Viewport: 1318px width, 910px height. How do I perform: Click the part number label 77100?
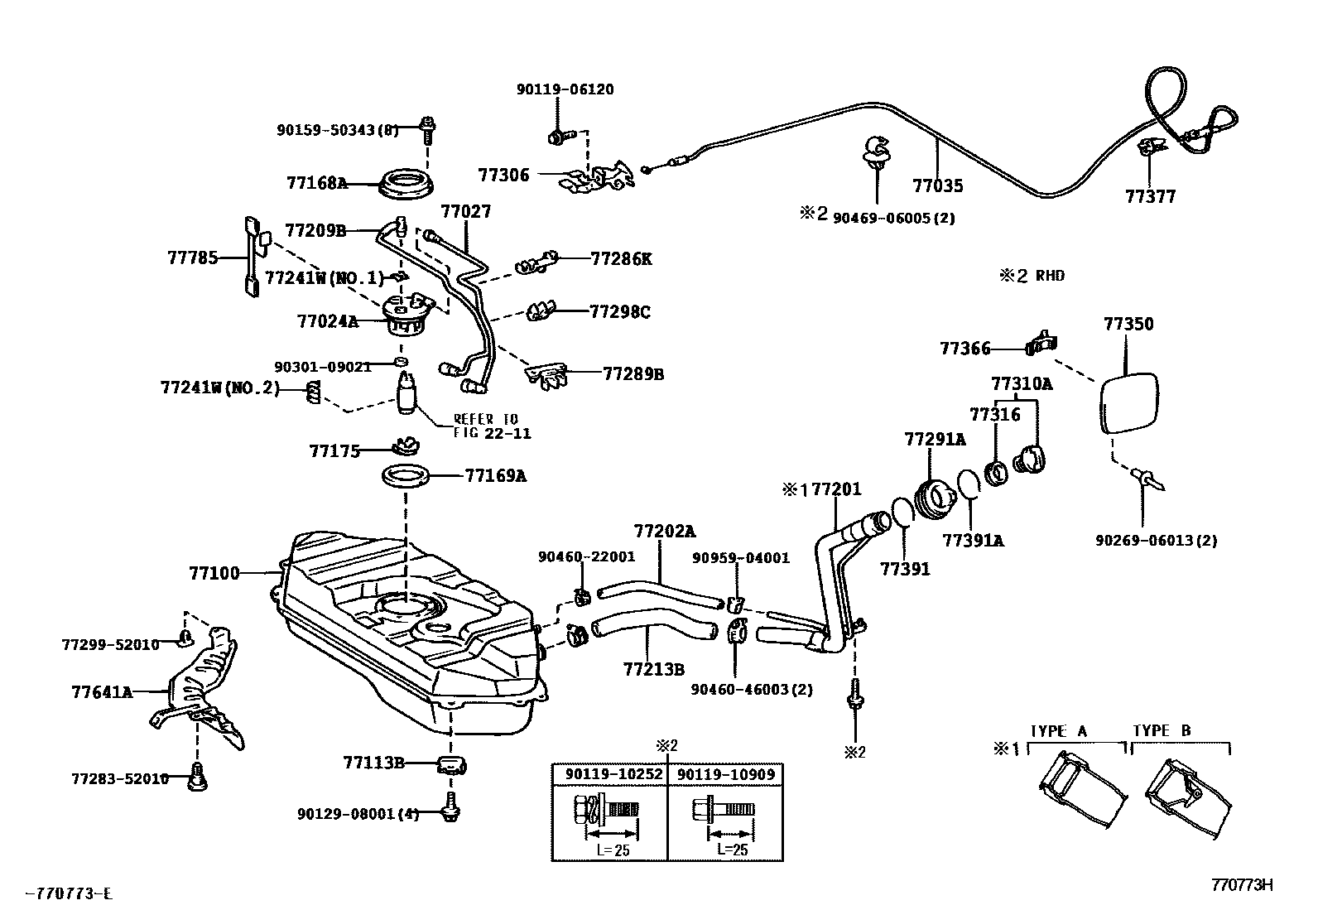tap(214, 572)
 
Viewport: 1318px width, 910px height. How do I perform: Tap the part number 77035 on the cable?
tap(937, 185)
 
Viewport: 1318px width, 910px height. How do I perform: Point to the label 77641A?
tap(102, 691)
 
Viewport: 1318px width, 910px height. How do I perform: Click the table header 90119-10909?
tap(726, 774)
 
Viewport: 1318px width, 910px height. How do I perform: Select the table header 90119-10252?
tap(614, 774)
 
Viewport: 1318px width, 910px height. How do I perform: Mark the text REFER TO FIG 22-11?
tap(492, 426)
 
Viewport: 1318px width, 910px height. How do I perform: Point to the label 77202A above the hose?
tap(665, 531)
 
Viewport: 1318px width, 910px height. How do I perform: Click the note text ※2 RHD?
tap(1031, 276)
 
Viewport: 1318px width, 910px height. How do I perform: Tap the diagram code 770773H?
tap(1241, 885)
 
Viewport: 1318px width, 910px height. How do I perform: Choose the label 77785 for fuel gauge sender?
tap(193, 258)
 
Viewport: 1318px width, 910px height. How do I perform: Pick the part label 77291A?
tap(935, 440)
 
